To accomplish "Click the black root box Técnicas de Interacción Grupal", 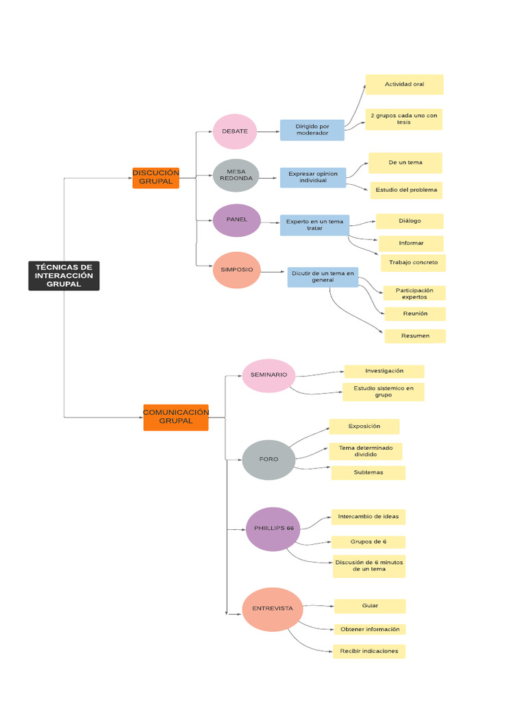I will pyautogui.click(x=64, y=275).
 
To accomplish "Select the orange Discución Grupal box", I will pyautogui.click(x=155, y=177).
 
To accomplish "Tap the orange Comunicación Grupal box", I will pyautogui.click(x=175, y=417).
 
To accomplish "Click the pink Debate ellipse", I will pyautogui.click(x=235, y=131).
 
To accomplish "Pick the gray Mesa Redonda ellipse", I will pyautogui.click(x=236, y=176).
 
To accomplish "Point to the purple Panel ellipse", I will pyautogui.click(x=237, y=220).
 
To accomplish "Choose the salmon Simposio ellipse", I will pyautogui.click(x=236, y=270).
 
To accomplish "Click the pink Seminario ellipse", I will pyautogui.click(x=268, y=376).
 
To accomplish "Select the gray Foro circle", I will pyautogui.click(x=268, y=459).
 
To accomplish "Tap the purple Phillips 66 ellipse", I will pyautogui.click(x=273, y=529).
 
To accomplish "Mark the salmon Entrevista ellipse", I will pyautogui.click(x=272, y=609).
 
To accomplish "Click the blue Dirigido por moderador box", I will pyautogui.click(x=312, y=130).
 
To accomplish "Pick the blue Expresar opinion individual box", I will pyautogui.click(x=313, y=178).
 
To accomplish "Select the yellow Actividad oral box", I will pyautogui.click(x=404, y=84).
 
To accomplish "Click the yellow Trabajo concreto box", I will pyautogui.click(x=414, y=262).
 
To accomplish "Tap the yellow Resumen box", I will pyautogui.click(x=415, y=336).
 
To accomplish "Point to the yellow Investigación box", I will pyautogui.click(x=384, y=371).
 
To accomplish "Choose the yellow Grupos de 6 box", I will pyautogui.click(x=368, y=541).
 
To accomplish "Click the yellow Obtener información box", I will pyautogui.click(x=369, y=629).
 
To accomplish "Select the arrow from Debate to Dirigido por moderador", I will pyautogui.click(x=268, y=131).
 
